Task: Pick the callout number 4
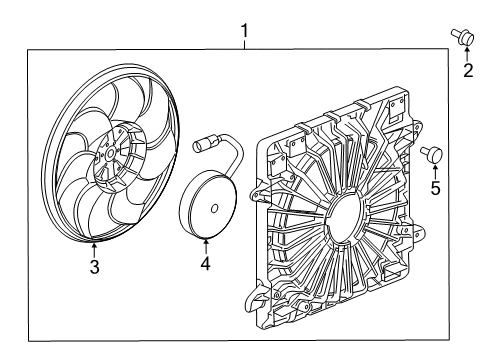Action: (204, 264)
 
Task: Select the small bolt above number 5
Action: (433, 153)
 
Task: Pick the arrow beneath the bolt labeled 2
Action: (466, 53)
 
